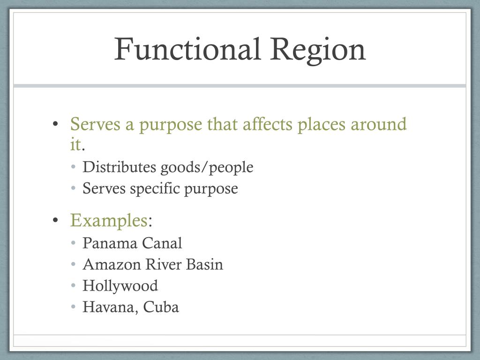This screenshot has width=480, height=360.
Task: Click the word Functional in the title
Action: pyautogui.click(x=187, y=49)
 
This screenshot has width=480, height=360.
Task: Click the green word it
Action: pyautogui.click(x=75, y=144)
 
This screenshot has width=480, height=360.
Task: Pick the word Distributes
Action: pyautogui.click(x=120, y=167)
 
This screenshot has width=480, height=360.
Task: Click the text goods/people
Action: pyautogui.click(x=207, y=168)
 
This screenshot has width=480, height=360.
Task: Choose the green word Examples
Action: pyautogui.click(x=109, y=220)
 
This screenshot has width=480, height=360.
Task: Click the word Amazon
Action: pyautogui.click(x=112, y=264)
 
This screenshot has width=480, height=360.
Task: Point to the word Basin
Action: pyautogui.click(x=204, y=264)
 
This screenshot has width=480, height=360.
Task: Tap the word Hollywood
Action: pyautogui.click(x=120, y=286)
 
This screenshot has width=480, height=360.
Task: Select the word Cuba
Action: pyautogui.click(x=161, y=307)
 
